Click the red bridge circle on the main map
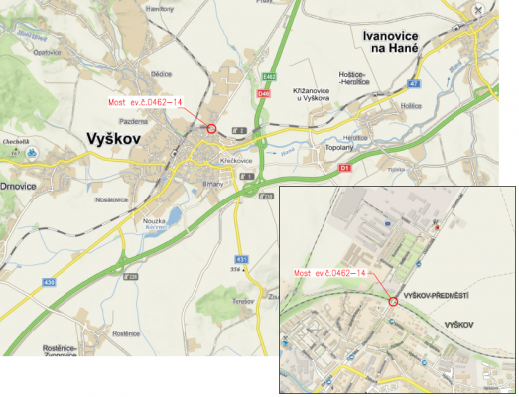tap(211, 128)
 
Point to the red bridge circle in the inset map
tap(393, 300)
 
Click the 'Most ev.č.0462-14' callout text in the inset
tap(331, 272)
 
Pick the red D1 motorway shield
tap(345, 168)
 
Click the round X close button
tap(480, 11)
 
